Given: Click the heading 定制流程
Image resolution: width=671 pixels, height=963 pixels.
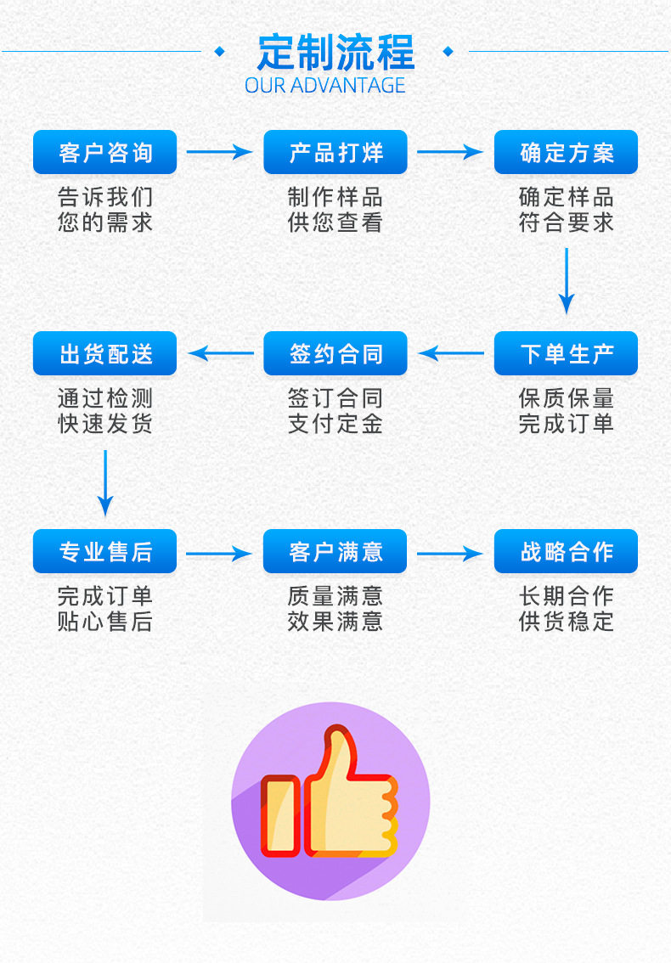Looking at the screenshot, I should click(x=335, y=53).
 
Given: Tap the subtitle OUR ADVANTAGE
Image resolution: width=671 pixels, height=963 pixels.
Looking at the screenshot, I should click(x=325, y=85).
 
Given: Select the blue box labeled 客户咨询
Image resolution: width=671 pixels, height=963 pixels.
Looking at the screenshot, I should click(x=104, y=153).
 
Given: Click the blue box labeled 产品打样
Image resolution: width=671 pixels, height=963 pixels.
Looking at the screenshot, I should click(x=335, y=153).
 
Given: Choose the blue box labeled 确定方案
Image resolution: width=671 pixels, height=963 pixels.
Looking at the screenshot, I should click(x=566, y=153).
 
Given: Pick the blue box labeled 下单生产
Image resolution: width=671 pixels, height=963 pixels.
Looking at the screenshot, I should click(x=566, y=353).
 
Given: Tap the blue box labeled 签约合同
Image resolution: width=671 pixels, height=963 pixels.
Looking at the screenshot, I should click(x=335, y=353).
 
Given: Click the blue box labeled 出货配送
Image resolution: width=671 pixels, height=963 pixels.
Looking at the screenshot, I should click(x=104, y=353).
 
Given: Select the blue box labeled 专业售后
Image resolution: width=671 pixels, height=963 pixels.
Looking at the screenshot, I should click(x=104, y=552).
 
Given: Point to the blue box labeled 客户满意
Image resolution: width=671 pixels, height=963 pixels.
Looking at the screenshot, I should click(x=335, y=552).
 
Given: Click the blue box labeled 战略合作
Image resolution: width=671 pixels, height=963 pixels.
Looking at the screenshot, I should click(x=566, y=552).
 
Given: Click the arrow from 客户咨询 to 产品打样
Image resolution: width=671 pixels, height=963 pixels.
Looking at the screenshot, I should click(x=219, y=153).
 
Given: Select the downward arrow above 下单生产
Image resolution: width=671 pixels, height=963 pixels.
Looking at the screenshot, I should click(x=567, y=280).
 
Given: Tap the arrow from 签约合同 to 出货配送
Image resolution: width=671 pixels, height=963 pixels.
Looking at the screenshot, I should click(x=221, y=353).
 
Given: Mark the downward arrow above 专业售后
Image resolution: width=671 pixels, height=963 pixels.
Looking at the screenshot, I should click(x=105, y=481).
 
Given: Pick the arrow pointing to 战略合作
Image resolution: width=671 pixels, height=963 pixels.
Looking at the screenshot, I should click(x=449, y=554).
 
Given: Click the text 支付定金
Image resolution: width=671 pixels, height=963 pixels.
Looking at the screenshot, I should click(x=335, y=423).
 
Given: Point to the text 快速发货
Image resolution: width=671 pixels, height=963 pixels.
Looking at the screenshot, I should click(x=104, y=423).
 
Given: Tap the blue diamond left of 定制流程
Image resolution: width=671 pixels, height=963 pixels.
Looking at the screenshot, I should click(x=220, y=52).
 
